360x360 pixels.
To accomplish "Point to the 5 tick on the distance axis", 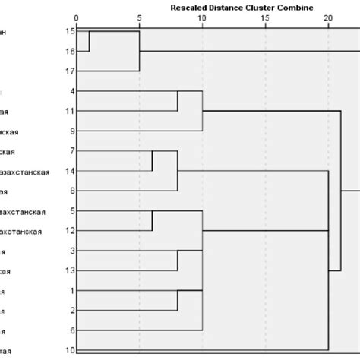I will (139, 17).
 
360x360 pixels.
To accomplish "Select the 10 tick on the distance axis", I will (202, 17).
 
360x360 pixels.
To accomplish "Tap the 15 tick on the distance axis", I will (265, 17).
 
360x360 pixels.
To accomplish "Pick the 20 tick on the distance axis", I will (328, 17).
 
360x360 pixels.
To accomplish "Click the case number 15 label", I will (70, 33).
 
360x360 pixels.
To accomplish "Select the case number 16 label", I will (70, 52).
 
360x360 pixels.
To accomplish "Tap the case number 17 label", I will (70, 71).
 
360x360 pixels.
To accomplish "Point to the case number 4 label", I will (70, 92).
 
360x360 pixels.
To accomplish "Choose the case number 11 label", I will (70, 112).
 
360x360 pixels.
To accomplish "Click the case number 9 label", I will (70, 131).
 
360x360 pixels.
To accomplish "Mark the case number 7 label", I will (70, 151).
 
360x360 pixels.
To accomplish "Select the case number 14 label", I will (70, 172).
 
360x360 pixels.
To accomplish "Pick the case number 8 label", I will (70, 191).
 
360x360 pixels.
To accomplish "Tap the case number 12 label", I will (70, 231).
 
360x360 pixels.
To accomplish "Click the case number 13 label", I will (70, 270).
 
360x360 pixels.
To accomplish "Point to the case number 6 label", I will (70, 330).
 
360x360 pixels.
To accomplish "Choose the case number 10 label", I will (70, 350).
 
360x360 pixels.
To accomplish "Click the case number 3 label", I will (70, 251).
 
